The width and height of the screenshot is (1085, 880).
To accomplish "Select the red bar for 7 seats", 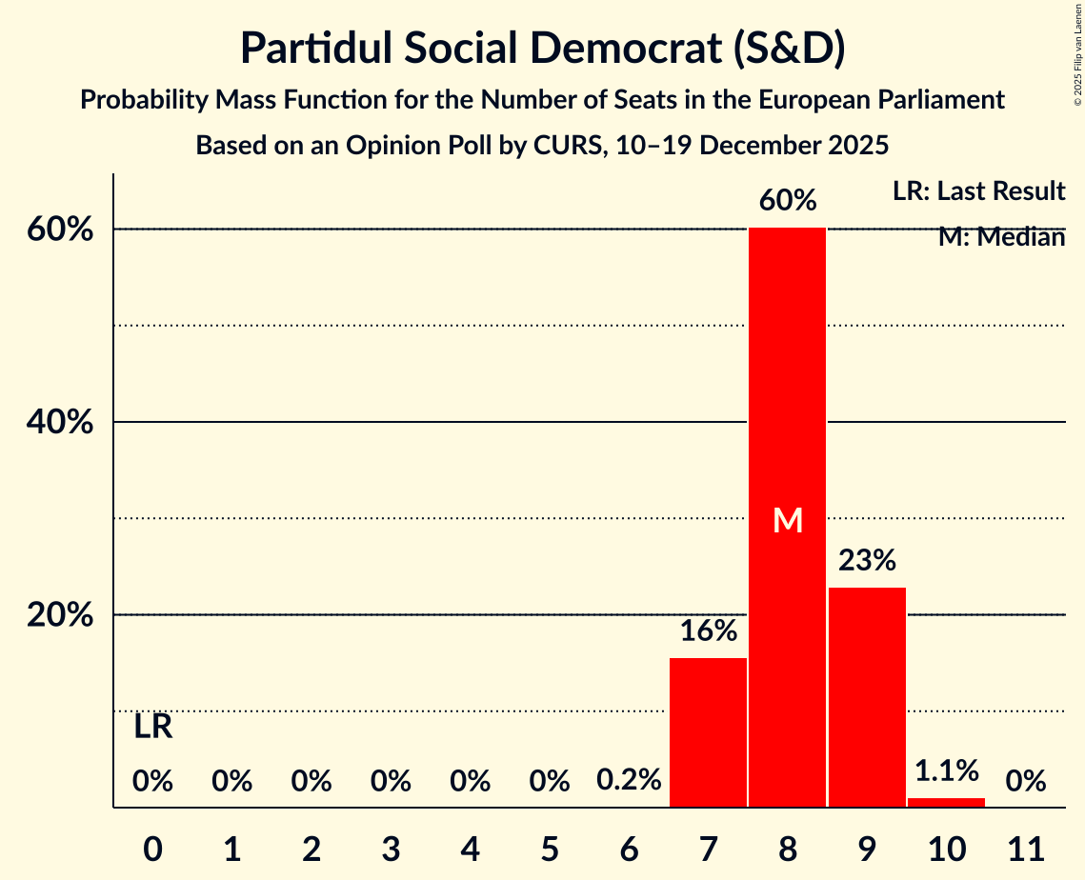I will [x=708, y=732].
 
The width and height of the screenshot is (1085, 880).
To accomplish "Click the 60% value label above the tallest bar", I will [x=788, y=201].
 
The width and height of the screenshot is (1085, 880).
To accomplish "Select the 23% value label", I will [x=867, y=560].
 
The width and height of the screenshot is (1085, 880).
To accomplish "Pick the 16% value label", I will [x=708, y=630].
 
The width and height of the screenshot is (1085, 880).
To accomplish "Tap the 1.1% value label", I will [x=946, y=770].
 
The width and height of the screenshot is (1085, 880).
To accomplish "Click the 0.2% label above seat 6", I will [x=629, y=780].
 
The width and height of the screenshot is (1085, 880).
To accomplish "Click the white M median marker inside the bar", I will [x=788, y=520].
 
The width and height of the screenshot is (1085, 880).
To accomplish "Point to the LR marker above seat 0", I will [x=152, y=727].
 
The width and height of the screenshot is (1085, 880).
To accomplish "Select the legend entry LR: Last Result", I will [x=978, y=190].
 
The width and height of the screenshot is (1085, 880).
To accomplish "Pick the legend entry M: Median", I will [x=1001, y=236].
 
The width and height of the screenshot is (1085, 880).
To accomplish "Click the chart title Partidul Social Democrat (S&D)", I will [x=542, y=49].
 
